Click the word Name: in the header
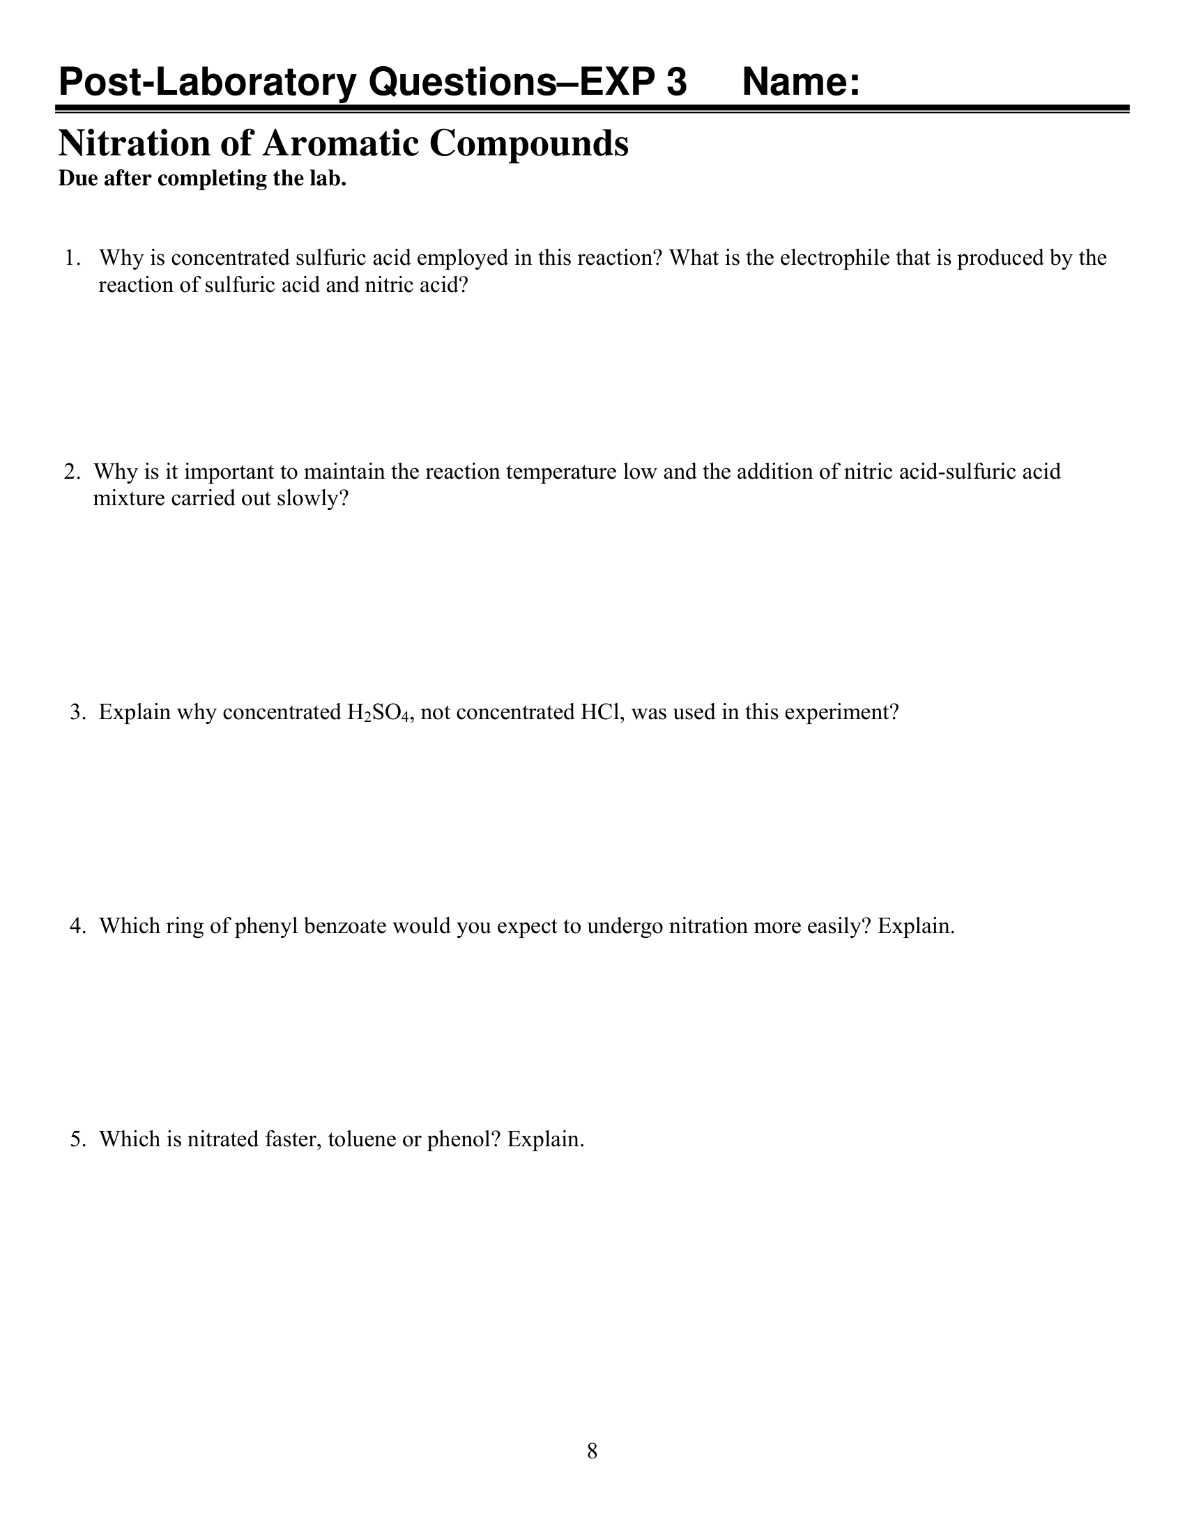800,82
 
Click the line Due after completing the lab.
202,179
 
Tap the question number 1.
72,259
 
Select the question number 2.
72,471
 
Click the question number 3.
78,712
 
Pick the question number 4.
78,926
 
